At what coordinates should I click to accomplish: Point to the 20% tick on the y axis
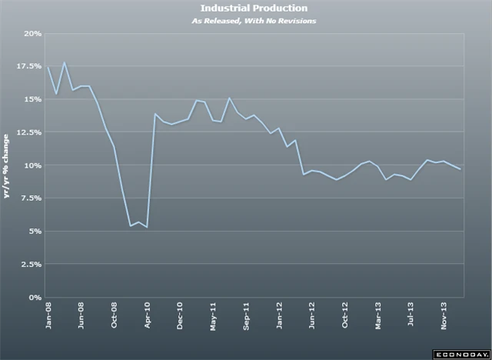(x=32, y=34)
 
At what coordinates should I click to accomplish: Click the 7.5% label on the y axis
(x=30, y=198)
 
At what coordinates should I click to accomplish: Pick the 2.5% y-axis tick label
(x=30, y=264)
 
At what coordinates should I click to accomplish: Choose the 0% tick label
(x=35, y=297)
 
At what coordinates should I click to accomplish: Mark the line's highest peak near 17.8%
(x=65, y=63)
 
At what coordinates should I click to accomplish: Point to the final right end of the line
(x=460, y=169)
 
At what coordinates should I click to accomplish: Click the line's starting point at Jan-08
(x=48, y=66)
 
